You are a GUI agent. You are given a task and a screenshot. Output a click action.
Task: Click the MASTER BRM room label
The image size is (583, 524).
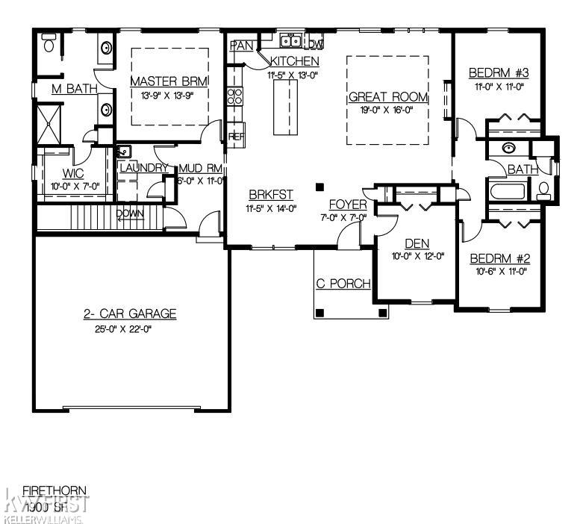pyautogui.click(x=168, y=81)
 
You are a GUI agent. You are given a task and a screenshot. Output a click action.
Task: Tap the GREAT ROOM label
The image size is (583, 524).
pyautogui.click(x=388, y=97)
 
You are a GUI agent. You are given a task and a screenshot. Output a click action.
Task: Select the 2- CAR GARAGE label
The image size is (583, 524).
pyautogui.click(x=130, y=314)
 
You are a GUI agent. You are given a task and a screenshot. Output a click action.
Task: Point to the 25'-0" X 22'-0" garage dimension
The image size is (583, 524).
pyautogui.click(x=130, y=328)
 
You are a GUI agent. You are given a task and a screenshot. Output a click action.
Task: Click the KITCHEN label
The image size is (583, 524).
pyautogui.click(x=295, y=61)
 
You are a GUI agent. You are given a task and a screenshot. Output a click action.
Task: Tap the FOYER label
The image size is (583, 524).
pyautogui.click(x=348, y=204)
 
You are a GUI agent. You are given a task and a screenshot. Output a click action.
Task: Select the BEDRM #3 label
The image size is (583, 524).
pyautogui.click(x=499, y=73)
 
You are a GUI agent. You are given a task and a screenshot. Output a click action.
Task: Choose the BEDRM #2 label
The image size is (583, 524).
pyautogui.click(x=499, y=259)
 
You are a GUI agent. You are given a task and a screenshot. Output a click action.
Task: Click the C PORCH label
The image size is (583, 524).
pyautogui.click(x=343, y=284)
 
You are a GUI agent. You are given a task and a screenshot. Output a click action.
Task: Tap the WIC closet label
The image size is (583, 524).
pyautogui.click(x=62, y=172)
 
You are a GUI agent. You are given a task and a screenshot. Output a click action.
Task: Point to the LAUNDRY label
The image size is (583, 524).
pyautogui.click(x=144, y=168)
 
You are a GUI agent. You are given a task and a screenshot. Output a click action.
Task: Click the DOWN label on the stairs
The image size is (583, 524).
pyautogui.click(x=129, y=214)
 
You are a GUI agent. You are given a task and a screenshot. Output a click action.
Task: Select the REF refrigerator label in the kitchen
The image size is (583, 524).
pyautogui.click(x=237, y=137)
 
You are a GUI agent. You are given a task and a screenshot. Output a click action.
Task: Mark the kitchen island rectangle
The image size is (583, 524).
pyautogui.click(x=285, y=107)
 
